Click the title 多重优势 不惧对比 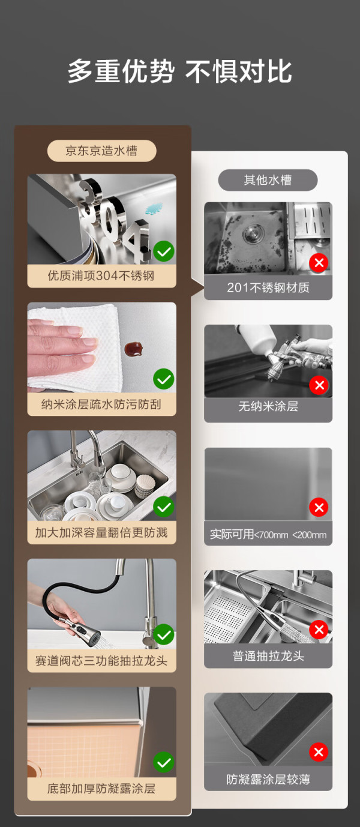pos(180,71)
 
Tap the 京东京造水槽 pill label pos(101,151)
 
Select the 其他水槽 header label pos(268,180)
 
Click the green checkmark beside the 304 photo pos(164,251)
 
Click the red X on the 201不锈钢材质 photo pos(319,263)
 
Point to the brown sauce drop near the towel pos(133,349)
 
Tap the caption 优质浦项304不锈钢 pos(101,276)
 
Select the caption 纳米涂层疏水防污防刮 pos(101,404)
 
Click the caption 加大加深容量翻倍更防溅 pos(101,532)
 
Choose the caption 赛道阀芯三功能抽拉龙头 pos(101,661)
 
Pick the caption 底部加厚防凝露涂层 pos(101,789)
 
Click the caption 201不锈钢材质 pos(268,287)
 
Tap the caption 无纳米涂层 pos(268,406)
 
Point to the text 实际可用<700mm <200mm pos(268,534)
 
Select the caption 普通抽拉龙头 pos(268,656)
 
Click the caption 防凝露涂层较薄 pos(268,780)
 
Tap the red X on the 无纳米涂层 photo pos(319,385)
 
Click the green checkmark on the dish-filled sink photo pos(164,507)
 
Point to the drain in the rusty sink pos(254,233)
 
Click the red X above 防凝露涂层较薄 pos(319,752)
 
